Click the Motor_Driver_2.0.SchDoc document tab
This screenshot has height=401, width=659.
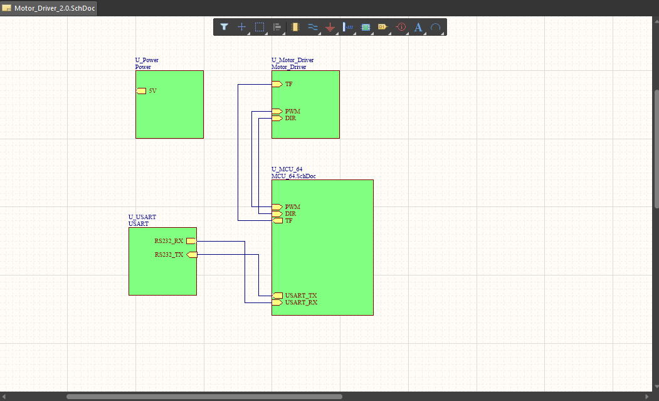pos(49,8)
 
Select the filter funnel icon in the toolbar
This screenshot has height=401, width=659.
pos(224,27)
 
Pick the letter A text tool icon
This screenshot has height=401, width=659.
pos(418,27)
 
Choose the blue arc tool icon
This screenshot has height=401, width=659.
pos(436,27)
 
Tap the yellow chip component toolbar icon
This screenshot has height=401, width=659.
pos(295,27)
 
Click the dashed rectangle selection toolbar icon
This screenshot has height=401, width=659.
pos(260,27)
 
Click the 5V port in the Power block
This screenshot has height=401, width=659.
pos(141,91)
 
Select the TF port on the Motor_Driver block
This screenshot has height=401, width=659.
pos(277,84)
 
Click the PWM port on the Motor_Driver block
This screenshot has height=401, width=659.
pos(277,112)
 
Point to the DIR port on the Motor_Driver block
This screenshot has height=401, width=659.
pos(277,118)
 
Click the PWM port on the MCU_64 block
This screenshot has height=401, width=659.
pos(277,207)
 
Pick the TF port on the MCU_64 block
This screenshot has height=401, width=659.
pos(277,220)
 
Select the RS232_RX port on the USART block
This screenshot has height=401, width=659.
pos(191,241)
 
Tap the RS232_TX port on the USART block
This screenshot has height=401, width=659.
pos(192,255)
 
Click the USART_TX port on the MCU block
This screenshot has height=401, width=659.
pos(277,296)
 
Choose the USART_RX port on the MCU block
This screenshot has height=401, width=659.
pos(277,302)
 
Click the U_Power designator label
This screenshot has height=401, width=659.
pos(147,60)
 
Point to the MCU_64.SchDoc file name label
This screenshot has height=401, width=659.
pos(293,176)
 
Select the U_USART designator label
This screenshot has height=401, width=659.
pos(142,217)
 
